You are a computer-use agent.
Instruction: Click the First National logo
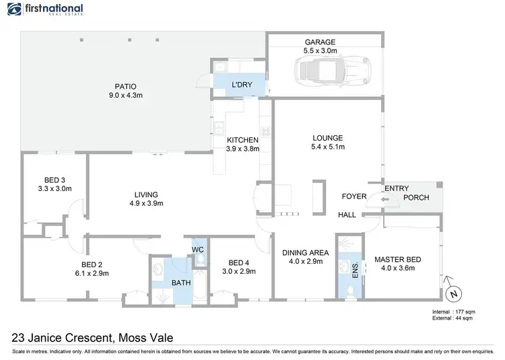point(45,9)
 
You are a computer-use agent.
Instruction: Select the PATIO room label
point(125,86)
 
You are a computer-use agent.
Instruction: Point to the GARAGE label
point(319,42)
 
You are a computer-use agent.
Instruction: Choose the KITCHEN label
point(242,140)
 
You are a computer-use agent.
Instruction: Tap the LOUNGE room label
point(327,137)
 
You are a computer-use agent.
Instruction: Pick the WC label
point(198,250)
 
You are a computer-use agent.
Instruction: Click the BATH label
point(180,283)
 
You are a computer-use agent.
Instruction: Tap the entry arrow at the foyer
point(382,199)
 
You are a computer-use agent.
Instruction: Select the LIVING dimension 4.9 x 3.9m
point(147,203)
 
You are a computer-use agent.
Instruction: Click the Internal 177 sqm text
point(454,312)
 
